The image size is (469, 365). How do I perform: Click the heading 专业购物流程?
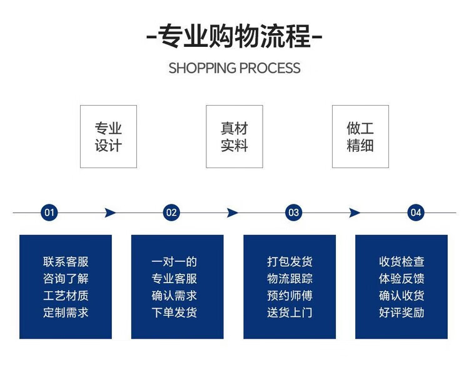click(234, 36)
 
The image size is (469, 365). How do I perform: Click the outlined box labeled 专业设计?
click(108, 136)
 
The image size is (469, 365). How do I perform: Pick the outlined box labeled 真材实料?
click(234, 136)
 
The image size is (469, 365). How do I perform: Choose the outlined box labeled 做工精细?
click(360, 136)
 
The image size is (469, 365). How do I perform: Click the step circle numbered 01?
click(49, 212)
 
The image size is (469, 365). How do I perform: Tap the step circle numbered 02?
click(171, 212)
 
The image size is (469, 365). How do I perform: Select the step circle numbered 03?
click(293, 212)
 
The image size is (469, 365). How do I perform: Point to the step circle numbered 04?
click(416, 212)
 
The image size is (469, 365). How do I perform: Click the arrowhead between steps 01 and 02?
click(111, 212)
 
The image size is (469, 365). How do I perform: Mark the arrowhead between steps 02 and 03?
click(233, 212)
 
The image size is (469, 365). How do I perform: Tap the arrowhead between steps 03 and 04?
click(355, 212)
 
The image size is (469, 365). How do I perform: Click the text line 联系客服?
click(66, 262)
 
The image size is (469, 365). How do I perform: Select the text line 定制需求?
click(66, 312)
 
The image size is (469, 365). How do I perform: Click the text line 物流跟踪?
click(290, 279)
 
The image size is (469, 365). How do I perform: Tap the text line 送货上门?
click(290, 312)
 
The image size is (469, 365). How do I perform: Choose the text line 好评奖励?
click(401, 312)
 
